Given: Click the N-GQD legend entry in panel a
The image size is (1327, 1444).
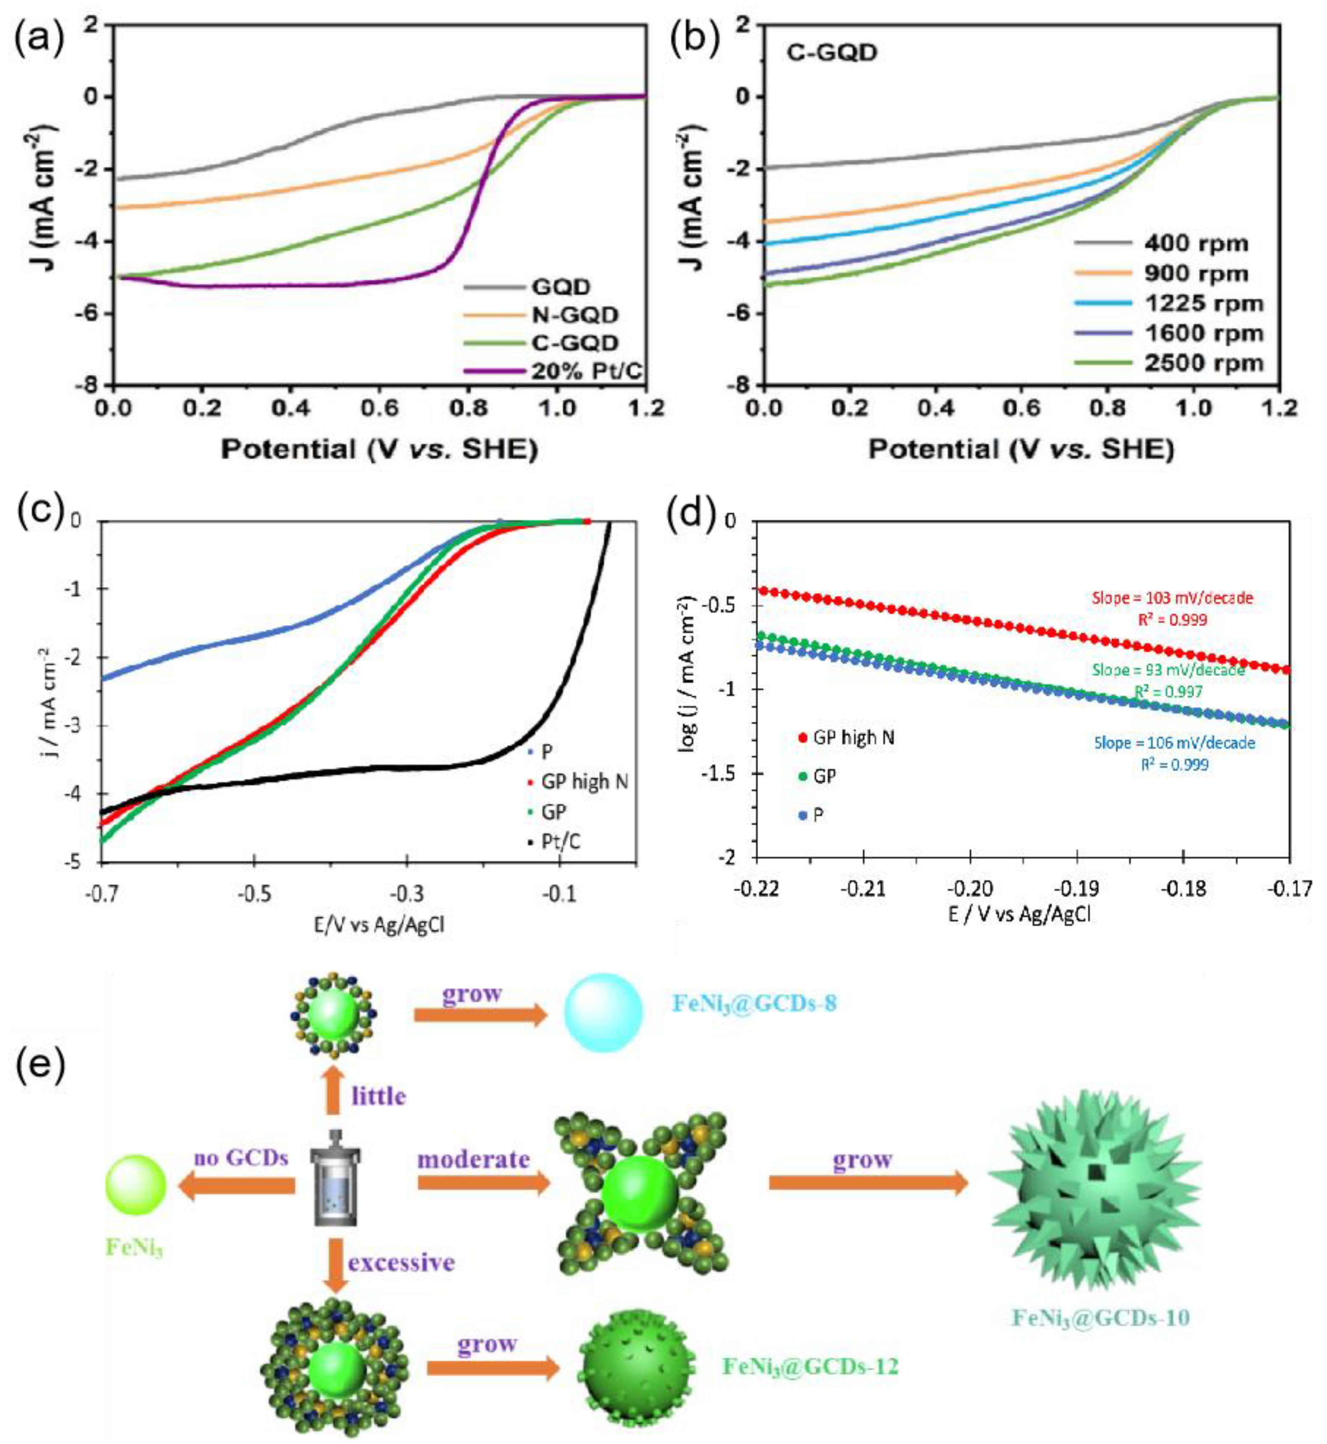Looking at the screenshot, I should [574, 315].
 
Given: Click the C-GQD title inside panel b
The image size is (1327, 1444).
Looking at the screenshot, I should [832, 52].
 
